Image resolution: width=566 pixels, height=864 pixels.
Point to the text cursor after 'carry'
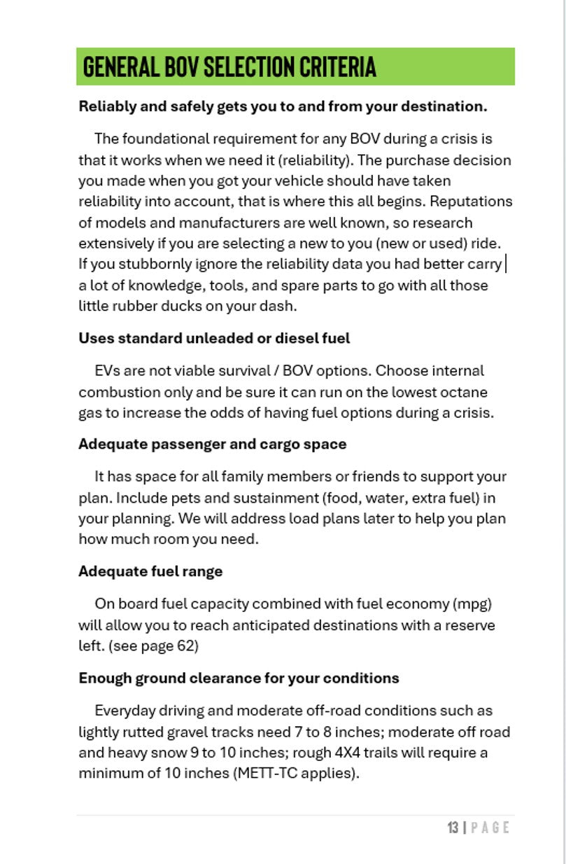(x=506, y=264)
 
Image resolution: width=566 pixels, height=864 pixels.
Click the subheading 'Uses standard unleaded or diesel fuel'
(x=214, y=338)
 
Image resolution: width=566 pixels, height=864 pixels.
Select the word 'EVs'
(x=106, y=370)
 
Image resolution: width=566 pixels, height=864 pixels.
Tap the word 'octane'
(x=464, y=392)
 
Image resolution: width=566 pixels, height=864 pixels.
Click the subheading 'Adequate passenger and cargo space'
(x=212, y=444)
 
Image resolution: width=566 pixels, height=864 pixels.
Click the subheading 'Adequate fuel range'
(x=150, y=571)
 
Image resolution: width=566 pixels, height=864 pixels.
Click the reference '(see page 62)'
(x=153, y=646)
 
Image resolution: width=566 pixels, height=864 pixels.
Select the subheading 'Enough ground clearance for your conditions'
(x=239, y=678)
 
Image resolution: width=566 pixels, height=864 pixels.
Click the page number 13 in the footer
(x=453, y=828)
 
